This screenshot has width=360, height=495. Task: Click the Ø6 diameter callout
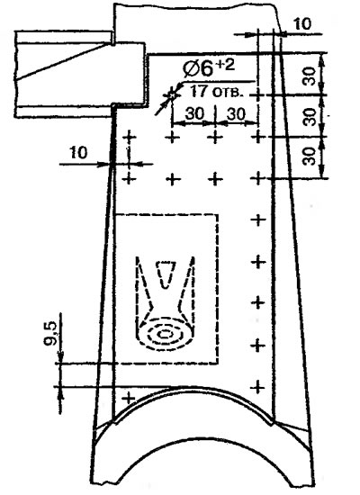pyautogui.click(x=198, y=68)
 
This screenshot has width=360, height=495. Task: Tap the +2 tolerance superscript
pyautogui.click(x=226, y=65)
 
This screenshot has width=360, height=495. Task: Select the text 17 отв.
pyautogui.click(x=217, y=91)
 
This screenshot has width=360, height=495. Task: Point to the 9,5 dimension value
pyautogui.click(x=50, y=333)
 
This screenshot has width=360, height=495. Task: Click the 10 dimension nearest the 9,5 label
pyautogui.click(x=77, y=153)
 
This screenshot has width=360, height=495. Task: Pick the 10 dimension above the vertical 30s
pyautogui.click(x=301, y=24)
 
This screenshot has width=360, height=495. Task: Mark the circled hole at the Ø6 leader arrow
pyautogui.click(x=172, y=94)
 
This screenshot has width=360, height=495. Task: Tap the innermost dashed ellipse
pyautogui.click(x=166, y=334)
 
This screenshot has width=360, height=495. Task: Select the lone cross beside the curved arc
pyautogui.click(x=129, y=398)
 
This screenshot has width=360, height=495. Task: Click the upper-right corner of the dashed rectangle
pyautogui.click(x=218, y=215)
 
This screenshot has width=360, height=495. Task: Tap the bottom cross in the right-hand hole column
pyautogui.click(x=258, y=387)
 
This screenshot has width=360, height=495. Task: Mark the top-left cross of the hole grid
pyautogui.click(x=129, y=137)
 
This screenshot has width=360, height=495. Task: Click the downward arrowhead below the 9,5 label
pyautogui.click(x=60, y=357)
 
